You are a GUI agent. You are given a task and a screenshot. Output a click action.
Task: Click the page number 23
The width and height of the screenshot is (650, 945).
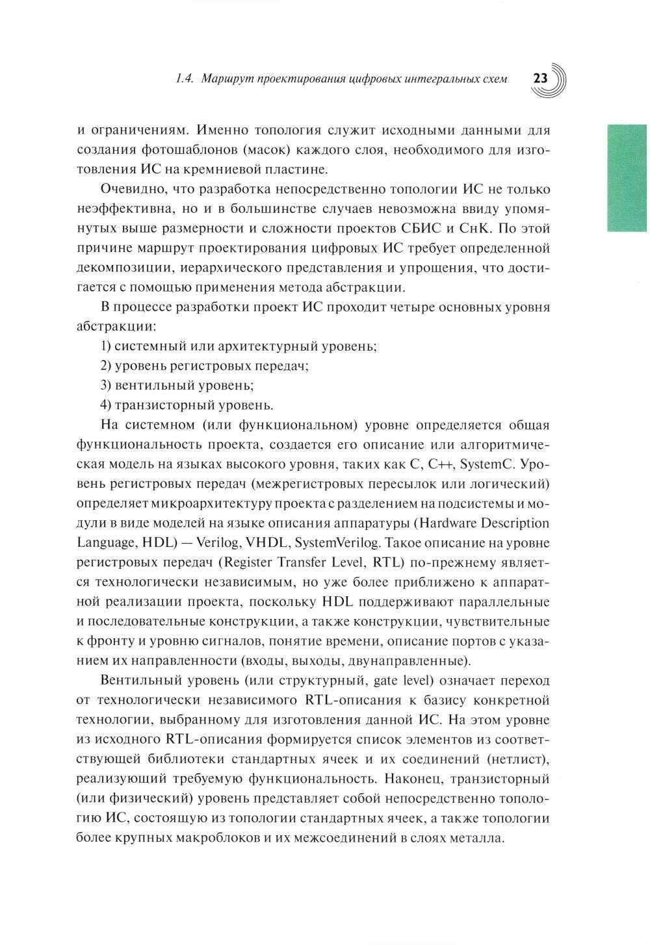540,79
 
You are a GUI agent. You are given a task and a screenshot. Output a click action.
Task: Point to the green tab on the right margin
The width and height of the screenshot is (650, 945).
627,177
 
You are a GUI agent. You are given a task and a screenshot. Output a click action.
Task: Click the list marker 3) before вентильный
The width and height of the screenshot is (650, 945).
107,385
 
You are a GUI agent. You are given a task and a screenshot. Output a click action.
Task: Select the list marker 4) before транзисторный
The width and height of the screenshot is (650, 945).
107,405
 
